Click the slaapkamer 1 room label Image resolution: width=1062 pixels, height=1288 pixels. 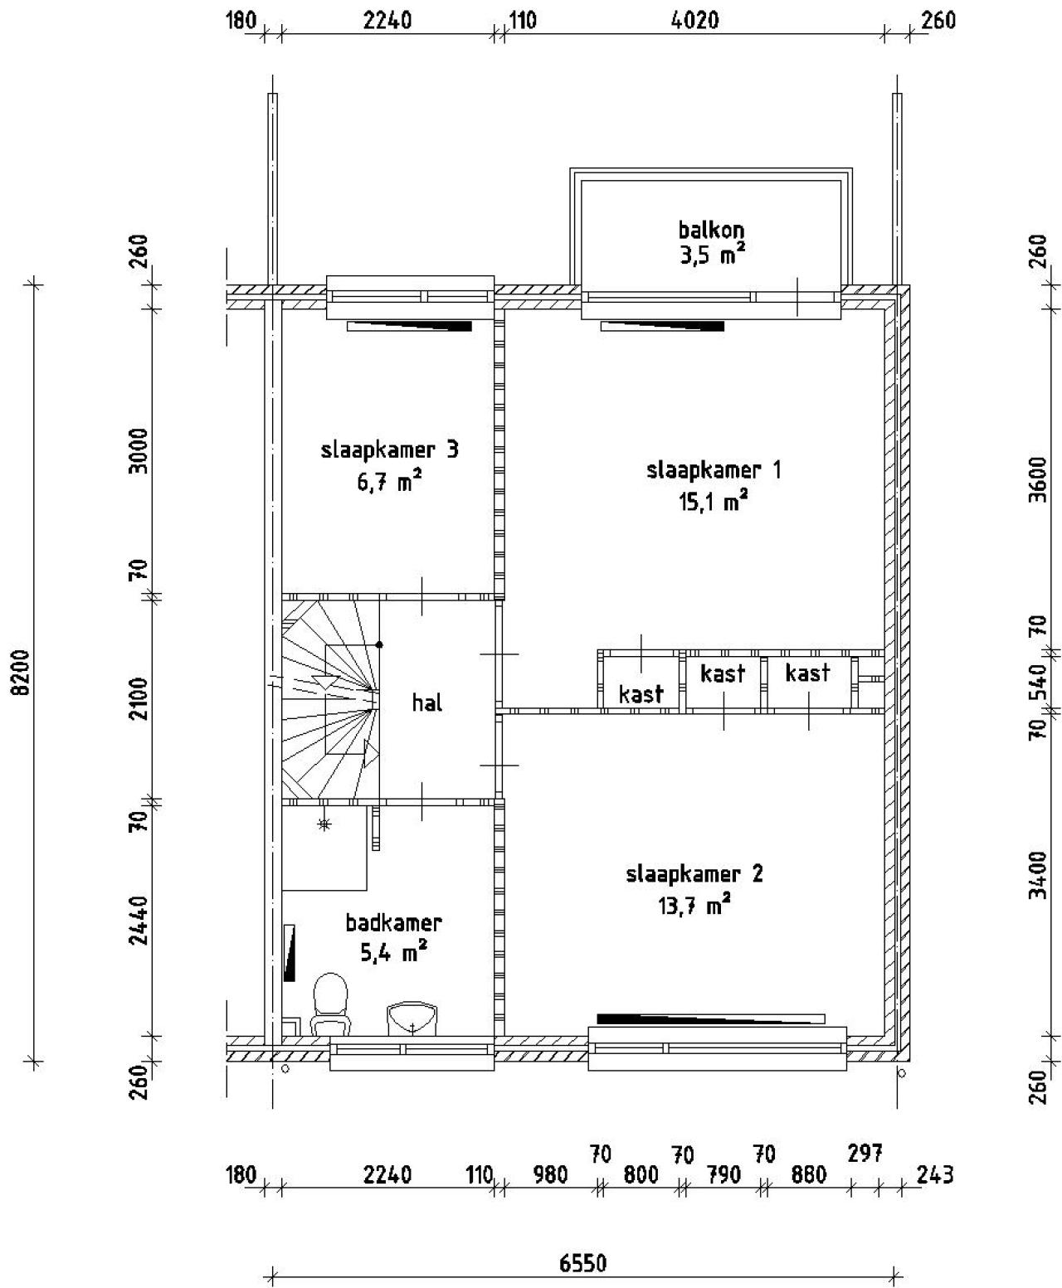[713, 470]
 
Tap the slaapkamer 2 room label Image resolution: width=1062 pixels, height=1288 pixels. [694, 874]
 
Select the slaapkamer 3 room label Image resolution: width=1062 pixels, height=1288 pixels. [389, 450]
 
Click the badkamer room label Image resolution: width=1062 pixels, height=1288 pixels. [393, 922]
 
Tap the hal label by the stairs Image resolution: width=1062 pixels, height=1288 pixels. [427, 703]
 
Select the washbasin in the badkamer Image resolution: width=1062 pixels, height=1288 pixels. [412, 1018]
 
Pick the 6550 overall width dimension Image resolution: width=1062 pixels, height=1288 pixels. [582, 1263]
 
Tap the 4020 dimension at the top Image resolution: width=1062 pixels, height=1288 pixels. [694, 20]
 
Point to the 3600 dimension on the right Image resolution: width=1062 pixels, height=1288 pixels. [1036, 472]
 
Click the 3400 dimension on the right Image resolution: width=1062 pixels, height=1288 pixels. [1036, 874]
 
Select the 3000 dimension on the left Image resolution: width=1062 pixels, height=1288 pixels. [139, 450]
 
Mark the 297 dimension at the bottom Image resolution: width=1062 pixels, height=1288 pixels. [865, 1153]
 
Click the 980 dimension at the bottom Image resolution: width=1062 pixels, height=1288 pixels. [550, 1174]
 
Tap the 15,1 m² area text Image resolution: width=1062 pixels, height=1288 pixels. [714, 501]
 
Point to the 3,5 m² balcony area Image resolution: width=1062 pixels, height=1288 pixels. [712, 255]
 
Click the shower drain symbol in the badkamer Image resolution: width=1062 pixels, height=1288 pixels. [324, 824]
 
